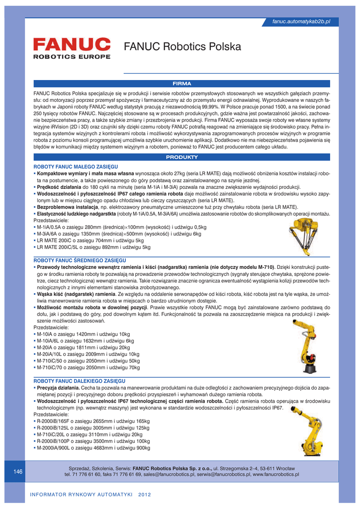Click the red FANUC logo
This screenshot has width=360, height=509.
pos(72,44)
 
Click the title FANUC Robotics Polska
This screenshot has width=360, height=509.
pos(182,47)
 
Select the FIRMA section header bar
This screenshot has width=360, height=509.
pos(181,83)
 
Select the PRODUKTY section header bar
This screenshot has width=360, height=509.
pos(181,157)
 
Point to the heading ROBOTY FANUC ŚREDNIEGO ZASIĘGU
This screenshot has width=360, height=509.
pos(80,260)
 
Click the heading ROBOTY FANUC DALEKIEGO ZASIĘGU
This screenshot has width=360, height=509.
pos(79,380)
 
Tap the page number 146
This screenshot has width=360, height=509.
pos(18,471)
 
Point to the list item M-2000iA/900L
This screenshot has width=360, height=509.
pos(93,448)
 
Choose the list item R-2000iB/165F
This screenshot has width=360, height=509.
pos(93,421)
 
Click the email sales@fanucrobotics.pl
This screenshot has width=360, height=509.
pos(169,475)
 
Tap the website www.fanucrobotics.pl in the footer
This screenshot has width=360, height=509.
pos(276,475)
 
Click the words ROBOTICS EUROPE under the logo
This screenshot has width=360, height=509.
pos(72,57)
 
